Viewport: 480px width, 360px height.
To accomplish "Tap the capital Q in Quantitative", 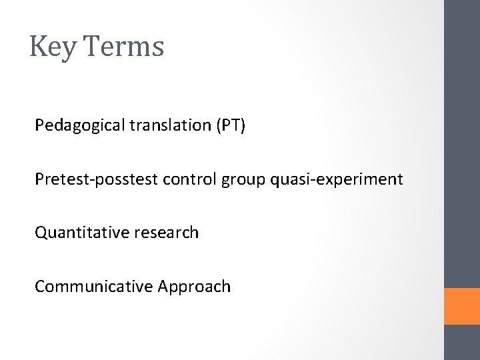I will coord(41,233).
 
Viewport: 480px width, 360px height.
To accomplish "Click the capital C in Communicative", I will coord(40,287).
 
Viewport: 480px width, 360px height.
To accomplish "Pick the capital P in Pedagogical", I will coord(40,125).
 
